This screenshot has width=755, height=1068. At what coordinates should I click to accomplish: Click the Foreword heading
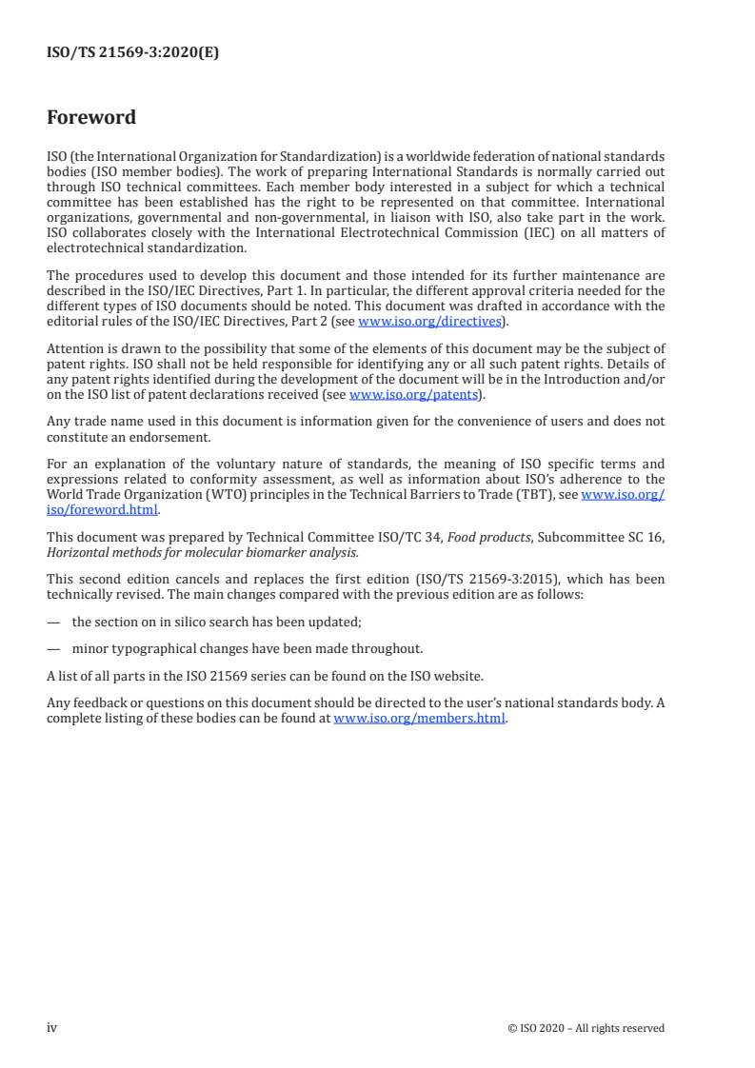(x=91, y=118)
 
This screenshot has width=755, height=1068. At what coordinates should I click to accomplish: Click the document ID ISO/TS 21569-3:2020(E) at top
(x=132, y=53)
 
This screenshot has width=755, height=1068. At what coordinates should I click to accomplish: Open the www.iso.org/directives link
(x=428, y=322)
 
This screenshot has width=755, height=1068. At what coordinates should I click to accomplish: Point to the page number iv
(x=52, y=1028)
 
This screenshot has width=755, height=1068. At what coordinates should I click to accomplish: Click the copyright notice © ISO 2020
(x=586, y=1028)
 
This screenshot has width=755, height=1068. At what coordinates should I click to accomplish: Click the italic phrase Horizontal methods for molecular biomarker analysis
(x=203, y=551)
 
